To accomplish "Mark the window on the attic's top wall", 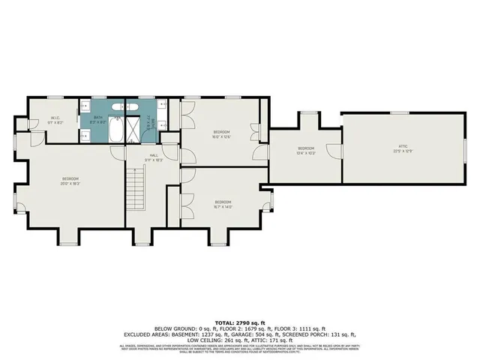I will [x=400, y=112].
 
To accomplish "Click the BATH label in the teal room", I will [x=98, y=117].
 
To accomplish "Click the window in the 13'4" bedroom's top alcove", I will [x=307, y=112].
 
